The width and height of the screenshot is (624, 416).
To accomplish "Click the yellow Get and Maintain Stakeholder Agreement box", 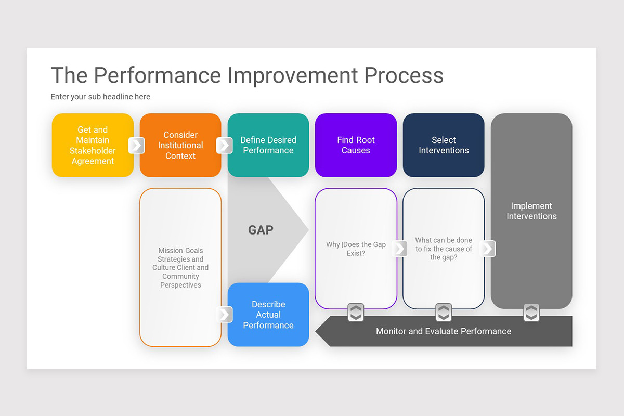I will tap(93, 145).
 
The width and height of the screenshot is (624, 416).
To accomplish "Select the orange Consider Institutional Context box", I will tap(180, 145).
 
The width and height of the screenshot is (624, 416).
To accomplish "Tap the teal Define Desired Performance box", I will tap(268, 145).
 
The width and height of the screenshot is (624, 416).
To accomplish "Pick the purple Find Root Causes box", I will tap(356, 145).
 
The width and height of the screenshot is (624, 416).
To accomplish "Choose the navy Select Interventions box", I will tap(444, 145).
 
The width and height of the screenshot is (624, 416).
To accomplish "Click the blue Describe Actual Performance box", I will tap(268, 315).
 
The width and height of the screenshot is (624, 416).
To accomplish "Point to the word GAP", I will tap(261, 230).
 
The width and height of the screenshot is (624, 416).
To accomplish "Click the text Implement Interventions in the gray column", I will tap(531, 211).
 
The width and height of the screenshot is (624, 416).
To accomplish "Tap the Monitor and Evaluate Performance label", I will tap(444, 331).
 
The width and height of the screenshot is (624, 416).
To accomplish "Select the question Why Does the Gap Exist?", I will tap(356, 249).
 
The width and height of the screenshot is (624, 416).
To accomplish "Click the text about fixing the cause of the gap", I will tap(444, 249).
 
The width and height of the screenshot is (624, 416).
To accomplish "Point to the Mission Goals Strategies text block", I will tap(180, 267).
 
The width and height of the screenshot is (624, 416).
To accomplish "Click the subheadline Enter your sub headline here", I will tap(100, 97).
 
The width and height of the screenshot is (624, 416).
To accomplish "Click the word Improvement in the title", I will tap(292, 75).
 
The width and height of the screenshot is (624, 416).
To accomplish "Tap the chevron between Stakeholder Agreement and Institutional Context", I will tap(136, 145).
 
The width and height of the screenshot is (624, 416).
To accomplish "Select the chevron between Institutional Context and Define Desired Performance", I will tap(224, 145).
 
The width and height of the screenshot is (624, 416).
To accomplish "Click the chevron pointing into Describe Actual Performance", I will tap(224, 314).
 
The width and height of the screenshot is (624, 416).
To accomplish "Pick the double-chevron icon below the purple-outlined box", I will tap(356, 313).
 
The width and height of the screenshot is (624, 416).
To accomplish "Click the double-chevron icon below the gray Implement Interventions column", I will tap(531, 313).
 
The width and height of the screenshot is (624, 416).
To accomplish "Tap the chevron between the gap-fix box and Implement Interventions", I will tap(487, 249).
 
